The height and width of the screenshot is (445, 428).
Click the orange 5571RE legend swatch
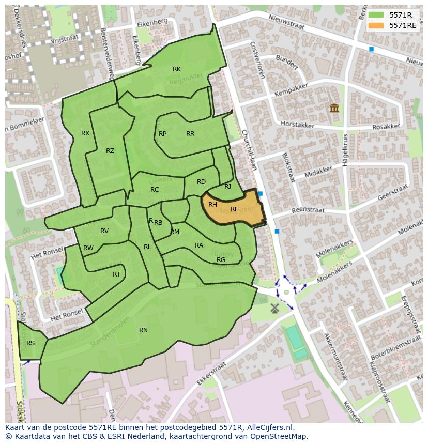(376, 25)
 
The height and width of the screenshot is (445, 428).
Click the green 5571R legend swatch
(376, 15)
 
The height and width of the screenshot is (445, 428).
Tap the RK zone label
(177, 69)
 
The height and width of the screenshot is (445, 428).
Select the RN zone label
(143, 330)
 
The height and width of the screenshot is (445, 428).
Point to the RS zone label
(30, 343)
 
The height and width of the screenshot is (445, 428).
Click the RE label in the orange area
(235, 209)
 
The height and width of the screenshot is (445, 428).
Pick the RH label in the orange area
(212, 205)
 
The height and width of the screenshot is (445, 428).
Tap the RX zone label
(85, 133)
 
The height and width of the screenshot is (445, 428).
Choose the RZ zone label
(110, 151)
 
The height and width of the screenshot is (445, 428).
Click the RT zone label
(116, 274)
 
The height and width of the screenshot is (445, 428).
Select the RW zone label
(88, 248)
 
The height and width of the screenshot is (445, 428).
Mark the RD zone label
(201, 182)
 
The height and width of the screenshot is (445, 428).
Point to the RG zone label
(221, 260)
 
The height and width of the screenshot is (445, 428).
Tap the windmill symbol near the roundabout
(274, 308)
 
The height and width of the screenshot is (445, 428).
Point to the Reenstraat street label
(308, 210)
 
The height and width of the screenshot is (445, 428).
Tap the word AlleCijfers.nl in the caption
(269, 427)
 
